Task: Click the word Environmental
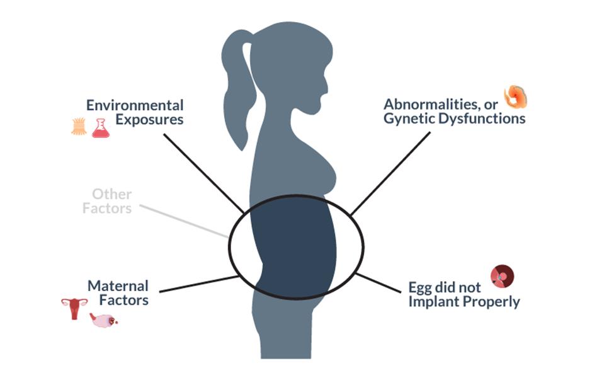[x=135, y=105]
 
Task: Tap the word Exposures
[x=149, y=119]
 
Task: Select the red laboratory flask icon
[x=101, y=128]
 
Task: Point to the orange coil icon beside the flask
[x=79, y=127]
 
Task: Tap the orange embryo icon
[x=516, y=96]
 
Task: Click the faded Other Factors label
[x=107, y=201]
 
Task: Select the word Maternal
[x=118, y=286]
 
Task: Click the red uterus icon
[x=74, y=308]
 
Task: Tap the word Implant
[x=434, y=302]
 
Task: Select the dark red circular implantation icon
[x=502, y=276]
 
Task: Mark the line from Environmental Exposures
[x=203, y=173]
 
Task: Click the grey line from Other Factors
[x=184, y=221]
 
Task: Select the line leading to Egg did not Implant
[x=379, y=283]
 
